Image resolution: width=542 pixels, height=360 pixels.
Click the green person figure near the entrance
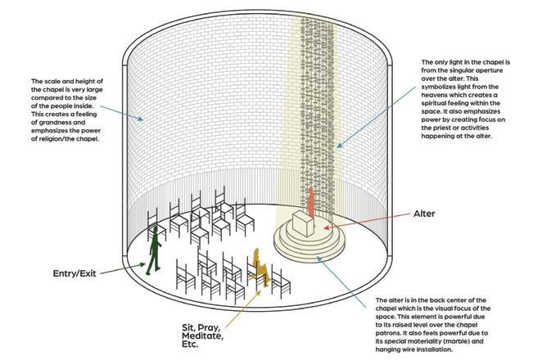(154, 249)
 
